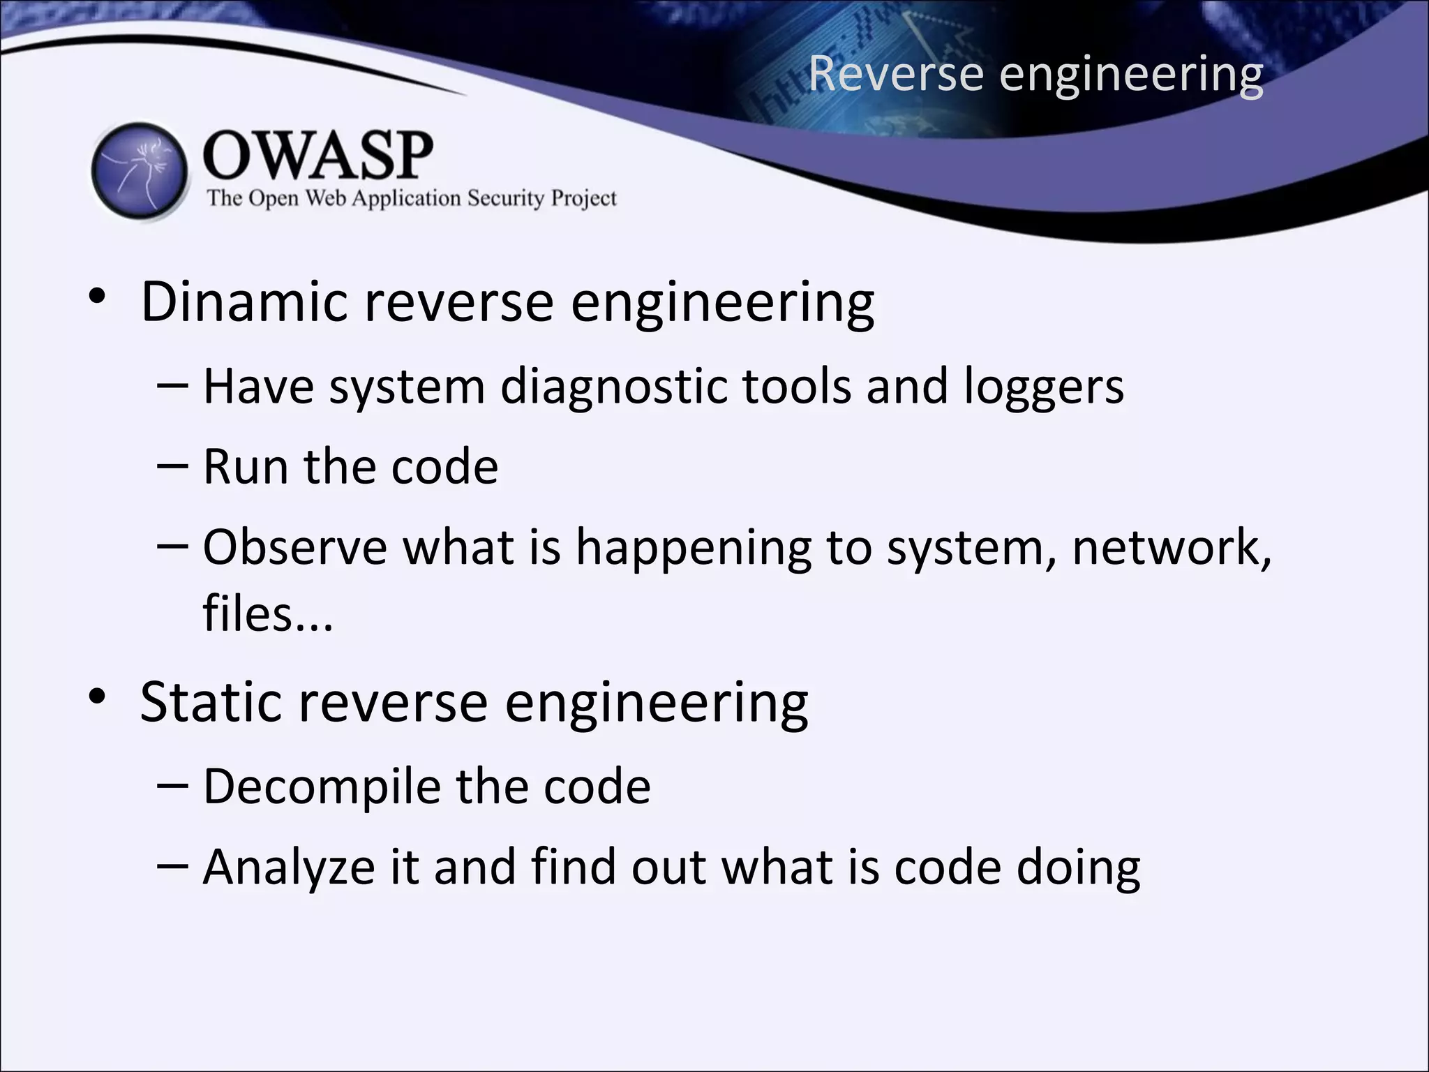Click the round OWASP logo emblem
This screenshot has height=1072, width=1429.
pyautogui.click(x=140, y=172)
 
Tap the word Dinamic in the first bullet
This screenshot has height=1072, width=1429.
pyautogui.click(x=244, y=301)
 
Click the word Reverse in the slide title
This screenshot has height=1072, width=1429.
pyautogui.click(x=896, y=73)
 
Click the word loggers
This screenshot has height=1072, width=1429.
pyautogui.click(x=1044, y=387)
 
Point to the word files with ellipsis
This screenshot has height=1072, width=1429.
pyautogui.click(x=268, y=613)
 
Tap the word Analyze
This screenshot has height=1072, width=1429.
pyautogui.click(x=289, y=868)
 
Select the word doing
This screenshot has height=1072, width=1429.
pyautogui.click(x=1078, y=868)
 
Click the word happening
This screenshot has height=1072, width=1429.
pyautogui.click(x=694, y=548)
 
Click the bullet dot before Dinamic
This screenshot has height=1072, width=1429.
pyautogui.click(x=97, y=296)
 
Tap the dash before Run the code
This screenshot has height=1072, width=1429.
pyautogui.click(x=172, y=465)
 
